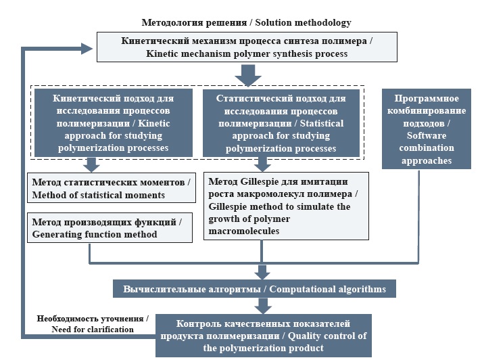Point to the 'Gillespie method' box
[x=287, y=206]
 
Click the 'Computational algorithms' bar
[x=254, y=289]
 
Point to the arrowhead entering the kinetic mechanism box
[x=86, y=48]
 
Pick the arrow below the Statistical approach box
[x=262, y=164]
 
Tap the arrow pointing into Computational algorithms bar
[x=262, y=272]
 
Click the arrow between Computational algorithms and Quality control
[x=262, y=307]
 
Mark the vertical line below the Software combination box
[x=418, y=217]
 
